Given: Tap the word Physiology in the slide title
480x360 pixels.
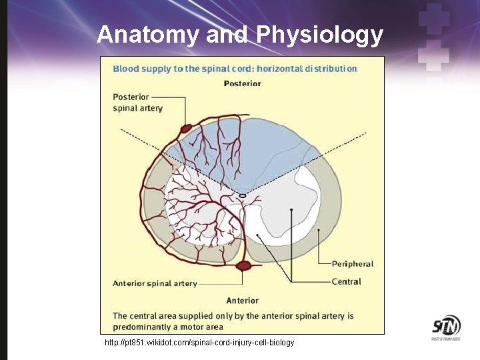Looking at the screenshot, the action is click(321, 35).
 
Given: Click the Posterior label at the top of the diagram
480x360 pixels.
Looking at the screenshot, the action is click(242, 84).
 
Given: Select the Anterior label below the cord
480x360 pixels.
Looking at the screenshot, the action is click(242, 301).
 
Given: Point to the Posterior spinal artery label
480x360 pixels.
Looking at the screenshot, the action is click(137, 102).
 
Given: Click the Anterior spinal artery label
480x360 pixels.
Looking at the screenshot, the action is click(155, 283).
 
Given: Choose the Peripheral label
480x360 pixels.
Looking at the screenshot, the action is click(352, 263).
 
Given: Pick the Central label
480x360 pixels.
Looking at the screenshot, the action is click(347, 281).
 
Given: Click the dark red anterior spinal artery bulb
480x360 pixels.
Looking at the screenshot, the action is click(244, 266).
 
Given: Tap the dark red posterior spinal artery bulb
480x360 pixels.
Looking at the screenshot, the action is click(185, 127).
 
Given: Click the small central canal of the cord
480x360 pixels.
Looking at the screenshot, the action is click(243, 195).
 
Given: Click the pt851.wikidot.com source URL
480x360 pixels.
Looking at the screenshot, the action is click(199, 342).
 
